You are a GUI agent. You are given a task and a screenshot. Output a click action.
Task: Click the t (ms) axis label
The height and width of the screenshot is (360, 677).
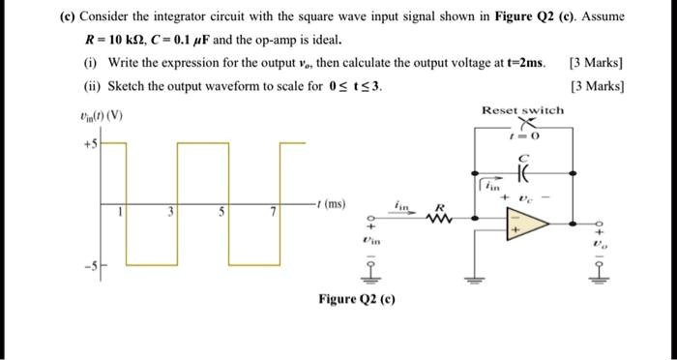tap(330, 204)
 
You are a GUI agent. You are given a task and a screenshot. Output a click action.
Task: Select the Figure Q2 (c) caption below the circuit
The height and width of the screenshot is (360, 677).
tap(356, 298)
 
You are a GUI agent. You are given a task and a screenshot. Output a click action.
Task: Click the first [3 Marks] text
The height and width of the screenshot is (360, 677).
tap(596, 64)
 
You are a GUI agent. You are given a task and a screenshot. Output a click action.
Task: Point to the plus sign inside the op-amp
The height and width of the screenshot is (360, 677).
tap(515, 231)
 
